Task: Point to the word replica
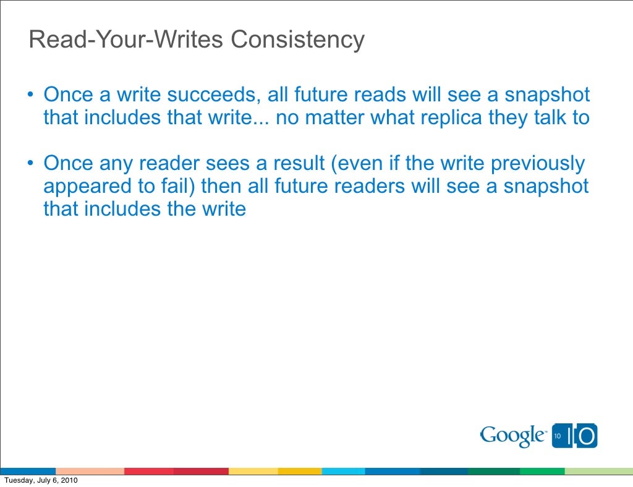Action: pos(450,117)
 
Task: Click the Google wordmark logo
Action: pos(513,436)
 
